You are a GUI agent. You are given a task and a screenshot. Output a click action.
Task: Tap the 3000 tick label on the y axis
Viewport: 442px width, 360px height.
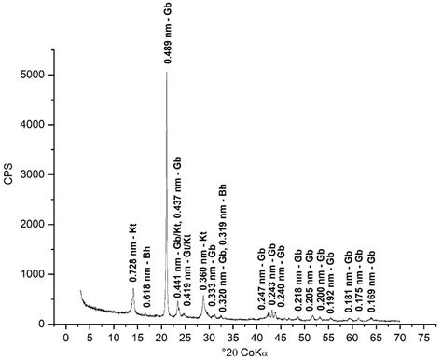34,174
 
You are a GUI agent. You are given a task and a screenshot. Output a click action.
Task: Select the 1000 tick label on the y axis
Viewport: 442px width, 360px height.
34,274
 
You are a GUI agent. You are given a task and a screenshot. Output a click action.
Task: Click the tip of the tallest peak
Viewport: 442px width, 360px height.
167,72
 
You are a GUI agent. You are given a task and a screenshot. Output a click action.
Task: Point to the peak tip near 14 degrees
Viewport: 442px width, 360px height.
133,288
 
